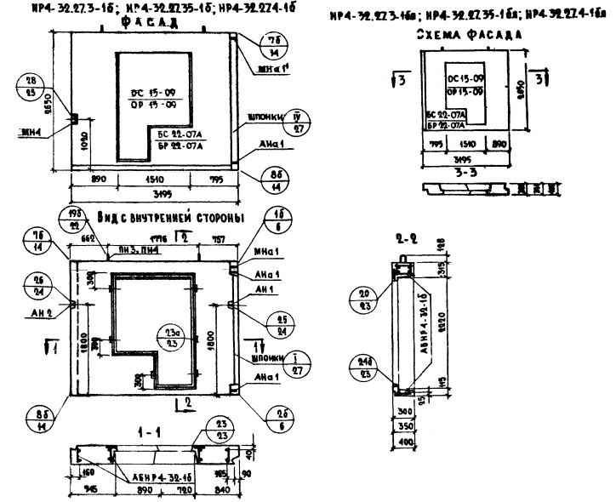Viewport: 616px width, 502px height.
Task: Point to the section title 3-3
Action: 467,170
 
